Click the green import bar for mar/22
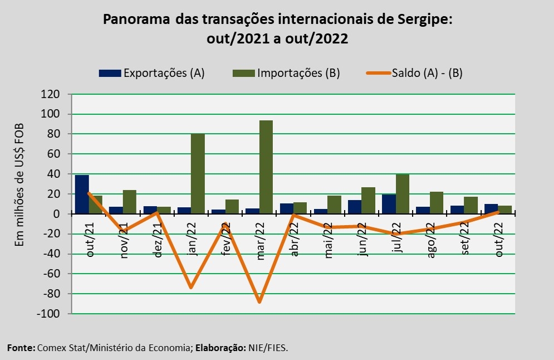point(266,167)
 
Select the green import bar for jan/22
point(198,174)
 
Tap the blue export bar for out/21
point(82,194)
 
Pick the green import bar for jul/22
point(403,194)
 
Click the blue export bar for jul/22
point(389,204)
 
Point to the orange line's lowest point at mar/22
point(259,302)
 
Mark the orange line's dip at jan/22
point(191,288)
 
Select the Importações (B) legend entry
point(298,73)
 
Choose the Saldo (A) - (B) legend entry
point(427,73)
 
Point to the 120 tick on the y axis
point(51,94)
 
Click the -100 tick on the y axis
point(48,314)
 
